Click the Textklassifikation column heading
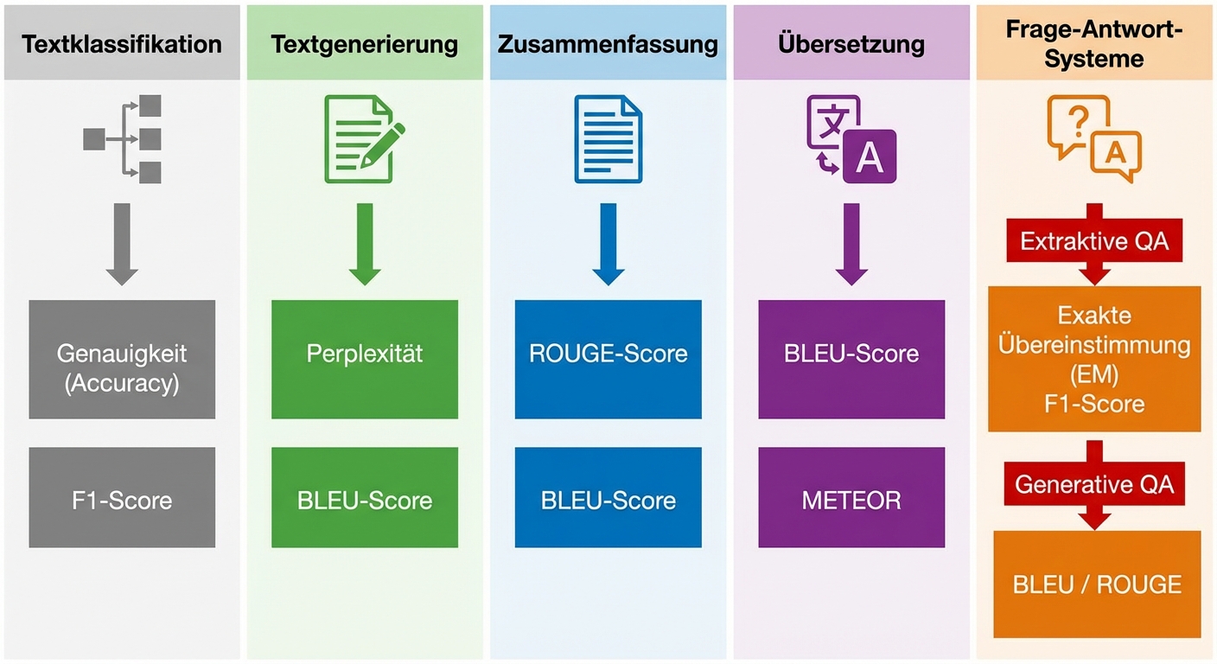(x=122, y=45)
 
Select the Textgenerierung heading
(x=365, y=45)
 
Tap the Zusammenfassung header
(x=608, y=45)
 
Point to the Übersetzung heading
(x=851, y=45)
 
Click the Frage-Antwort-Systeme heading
(x=1094, y=44)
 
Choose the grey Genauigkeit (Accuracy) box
(x=122, y=360)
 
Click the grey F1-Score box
(x=122, y=498)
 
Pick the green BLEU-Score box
(x=365, y=498)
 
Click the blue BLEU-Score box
(x=608, y=498)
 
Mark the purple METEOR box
(x=851, y=498)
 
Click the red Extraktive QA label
(x=1094, y=241)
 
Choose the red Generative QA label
(x=1094, y=484)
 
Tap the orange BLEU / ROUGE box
(x=1097, y=584)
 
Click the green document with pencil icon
(x=363, y=139)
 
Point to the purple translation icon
(x=851, y=139)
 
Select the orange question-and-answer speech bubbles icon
(x=1093, y=138)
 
